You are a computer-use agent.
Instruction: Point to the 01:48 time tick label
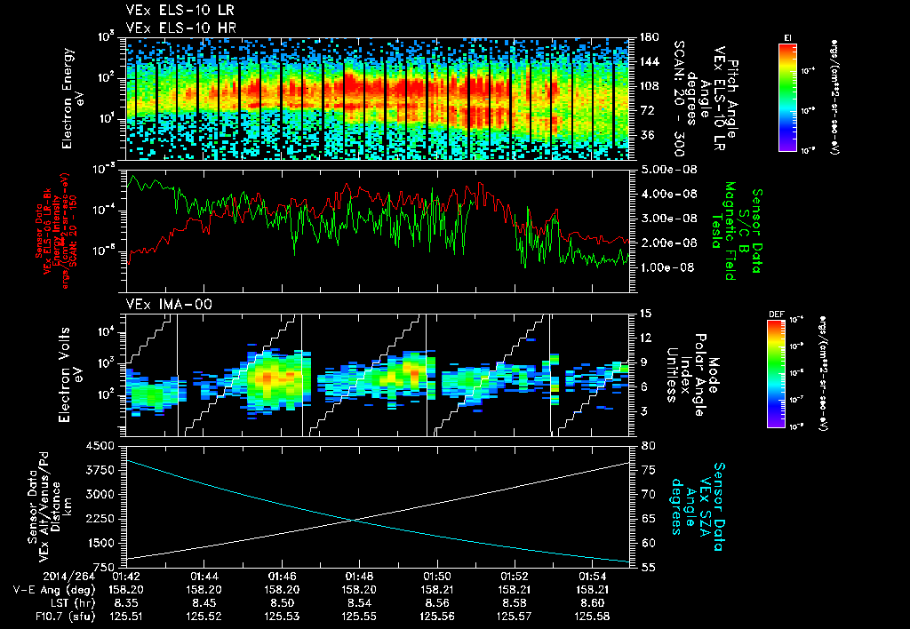pos(359,576)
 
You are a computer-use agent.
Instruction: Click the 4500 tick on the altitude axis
pos(104,445)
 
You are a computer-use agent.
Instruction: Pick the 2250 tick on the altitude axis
pos(104,519)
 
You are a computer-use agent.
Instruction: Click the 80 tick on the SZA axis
pos(646,445)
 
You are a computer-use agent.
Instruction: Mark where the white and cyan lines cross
pos(354,521)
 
